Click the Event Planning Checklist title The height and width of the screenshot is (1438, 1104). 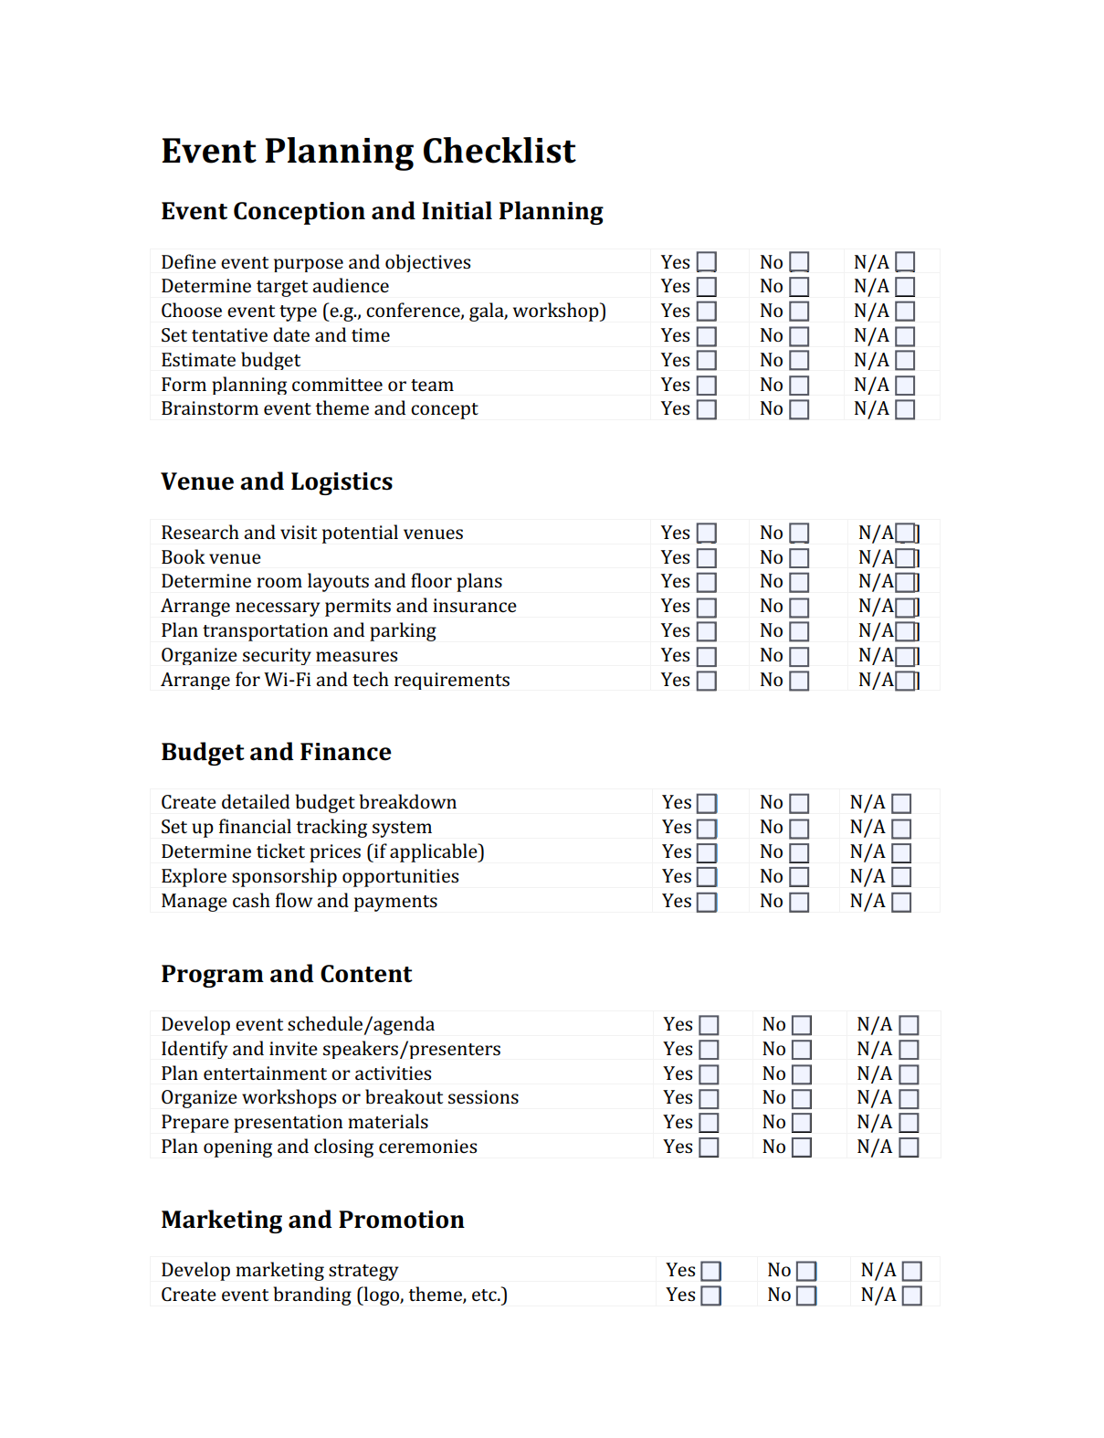tap(368, 152)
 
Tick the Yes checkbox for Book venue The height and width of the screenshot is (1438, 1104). tap(707, 558)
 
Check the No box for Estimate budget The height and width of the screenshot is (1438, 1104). tap(799, 361)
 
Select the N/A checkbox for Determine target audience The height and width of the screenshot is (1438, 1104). tap(905, 287)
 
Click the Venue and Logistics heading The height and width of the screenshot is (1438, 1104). tap(277, 481)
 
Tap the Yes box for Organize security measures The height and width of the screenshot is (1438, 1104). tap(707, 657)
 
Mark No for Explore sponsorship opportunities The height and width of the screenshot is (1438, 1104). tap(799, 877)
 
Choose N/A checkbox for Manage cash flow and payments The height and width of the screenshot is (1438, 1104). tap(901, 902)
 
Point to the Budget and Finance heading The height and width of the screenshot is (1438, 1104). tap(276, 752)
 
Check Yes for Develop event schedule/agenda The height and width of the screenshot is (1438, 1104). tap(709, 1025)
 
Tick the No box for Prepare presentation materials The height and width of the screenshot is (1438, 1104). tap(802, 1123)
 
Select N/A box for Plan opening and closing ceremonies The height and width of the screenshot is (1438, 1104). tap(909, 1147)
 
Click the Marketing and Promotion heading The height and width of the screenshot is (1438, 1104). tap(312, 1220)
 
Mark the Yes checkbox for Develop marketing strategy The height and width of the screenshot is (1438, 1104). tap(711, 1271)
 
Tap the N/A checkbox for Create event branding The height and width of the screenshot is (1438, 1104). tap(911, 1295)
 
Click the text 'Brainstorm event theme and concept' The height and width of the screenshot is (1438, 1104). tap(319, 409)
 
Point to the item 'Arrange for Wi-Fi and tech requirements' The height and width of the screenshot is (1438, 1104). tap(335, 681)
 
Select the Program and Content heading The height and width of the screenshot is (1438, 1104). tap(286, 974)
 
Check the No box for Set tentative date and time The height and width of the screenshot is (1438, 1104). tap(799, 336)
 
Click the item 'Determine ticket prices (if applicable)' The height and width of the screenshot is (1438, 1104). tap(322, 852)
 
